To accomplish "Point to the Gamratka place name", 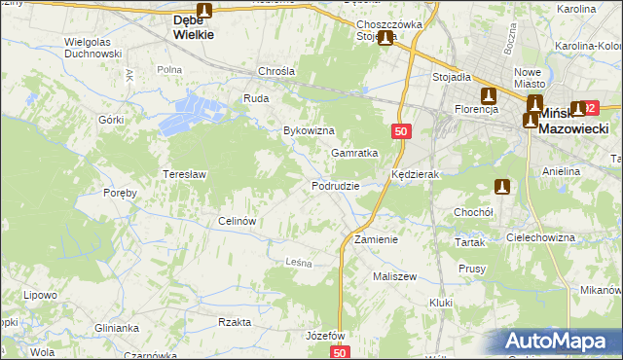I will (353, 154).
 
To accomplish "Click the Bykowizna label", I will (309, 130).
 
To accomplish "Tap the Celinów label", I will (238, 221).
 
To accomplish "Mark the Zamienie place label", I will (376, 239).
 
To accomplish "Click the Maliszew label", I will (394, 276).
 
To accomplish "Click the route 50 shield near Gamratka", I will (401, 131).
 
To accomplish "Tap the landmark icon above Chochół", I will (502, 187).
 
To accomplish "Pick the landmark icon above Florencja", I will (488, 95).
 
